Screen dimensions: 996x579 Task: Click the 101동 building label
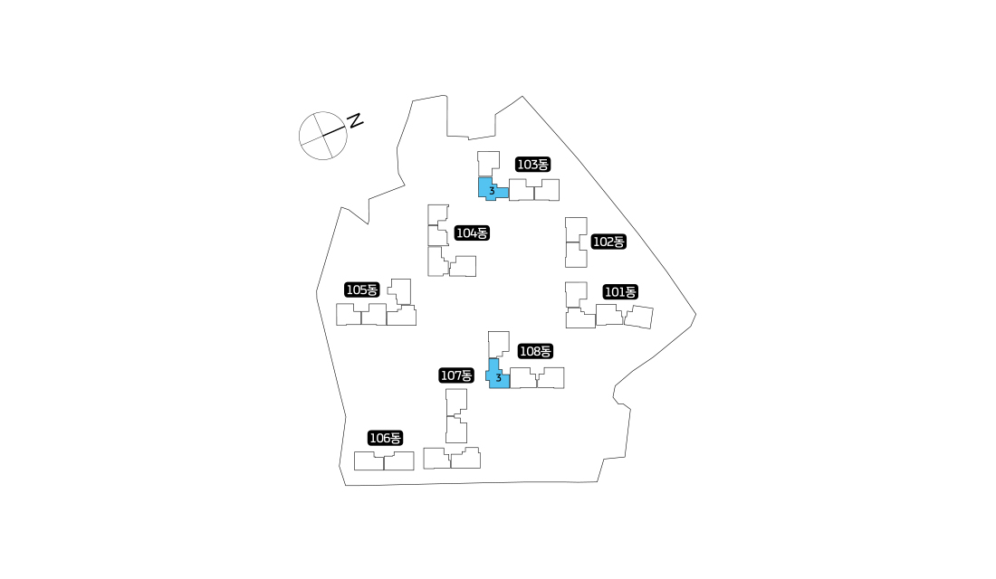[620, 292]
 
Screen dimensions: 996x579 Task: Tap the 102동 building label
[608, 242]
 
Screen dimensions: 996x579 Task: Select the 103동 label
[533, 165]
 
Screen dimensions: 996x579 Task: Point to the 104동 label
[472, 233]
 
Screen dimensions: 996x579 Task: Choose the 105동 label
[361, 289]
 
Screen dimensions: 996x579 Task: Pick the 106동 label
[386, 438]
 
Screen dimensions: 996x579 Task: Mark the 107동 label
[456, 375]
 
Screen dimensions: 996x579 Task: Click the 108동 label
[535, 351]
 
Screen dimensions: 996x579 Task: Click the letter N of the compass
[355, 120]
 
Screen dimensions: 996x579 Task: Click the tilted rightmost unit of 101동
[638, 317]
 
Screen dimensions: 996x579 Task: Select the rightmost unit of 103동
[547, 190]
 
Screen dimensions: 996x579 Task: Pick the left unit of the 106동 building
[369, 460]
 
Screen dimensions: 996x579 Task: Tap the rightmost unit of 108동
[551, 378]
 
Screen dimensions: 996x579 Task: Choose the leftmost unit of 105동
[348, 314]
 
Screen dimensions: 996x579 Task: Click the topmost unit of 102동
[576, 229]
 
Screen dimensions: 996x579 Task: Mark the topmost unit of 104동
[437, 214]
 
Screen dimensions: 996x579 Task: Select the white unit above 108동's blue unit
[498, 344]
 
